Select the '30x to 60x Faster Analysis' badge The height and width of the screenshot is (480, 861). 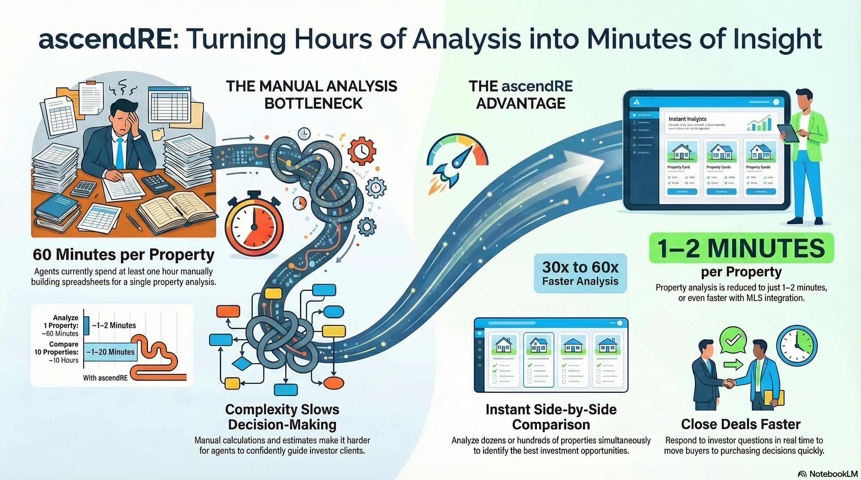click(x=580, y=274)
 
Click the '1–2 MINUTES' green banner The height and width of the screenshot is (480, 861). click(x=741, y=248)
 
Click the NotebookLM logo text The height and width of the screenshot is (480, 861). click(x=833, y=474)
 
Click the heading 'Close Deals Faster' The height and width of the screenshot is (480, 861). click(x=740, y=424)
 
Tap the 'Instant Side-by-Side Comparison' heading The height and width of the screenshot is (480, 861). click(x=551, y=417)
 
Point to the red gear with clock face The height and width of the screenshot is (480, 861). click(x=362, y=150)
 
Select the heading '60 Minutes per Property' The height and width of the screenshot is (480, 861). click(x=123, y=255)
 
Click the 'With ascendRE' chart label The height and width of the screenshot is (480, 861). click(x=105, y=378)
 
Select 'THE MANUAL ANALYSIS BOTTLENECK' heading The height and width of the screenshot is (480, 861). click(x=311, y=95)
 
